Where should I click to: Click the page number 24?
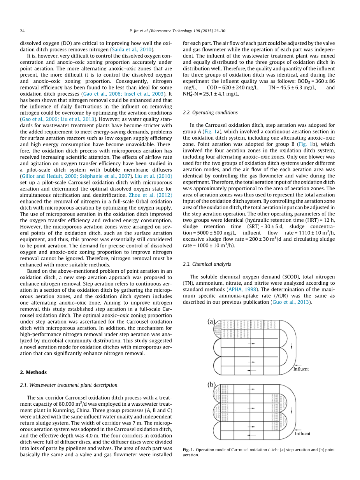coord(22,31)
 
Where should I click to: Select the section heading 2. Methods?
coord(33,372)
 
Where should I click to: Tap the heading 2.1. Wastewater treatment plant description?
coord(68,385)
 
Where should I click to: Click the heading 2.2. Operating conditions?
coord(210,112)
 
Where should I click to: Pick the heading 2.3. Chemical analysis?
coord(207,264)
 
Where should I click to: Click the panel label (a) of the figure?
coord(211,322)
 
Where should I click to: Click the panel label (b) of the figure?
coord(211,385)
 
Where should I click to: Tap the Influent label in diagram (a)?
coord(301,369)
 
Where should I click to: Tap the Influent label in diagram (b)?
coord(302,433)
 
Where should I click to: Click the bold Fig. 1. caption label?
coord(188,450)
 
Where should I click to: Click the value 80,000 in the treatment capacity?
coord(68,404)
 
